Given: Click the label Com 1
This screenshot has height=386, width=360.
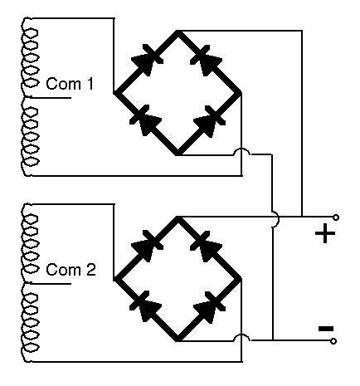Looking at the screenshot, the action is (70, 84).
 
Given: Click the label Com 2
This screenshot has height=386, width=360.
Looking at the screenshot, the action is (71, 270).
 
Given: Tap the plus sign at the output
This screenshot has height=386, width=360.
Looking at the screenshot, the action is (325, 233).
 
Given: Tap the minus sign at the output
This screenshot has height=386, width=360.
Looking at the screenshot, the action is (326, 329).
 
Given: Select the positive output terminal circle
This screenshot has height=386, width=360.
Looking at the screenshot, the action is (336, 217).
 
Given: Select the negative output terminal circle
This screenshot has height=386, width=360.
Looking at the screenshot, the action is (333, 341).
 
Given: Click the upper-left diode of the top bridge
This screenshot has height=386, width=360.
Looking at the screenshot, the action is (147, 60).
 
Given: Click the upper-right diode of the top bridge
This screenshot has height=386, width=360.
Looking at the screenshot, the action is (206, 61).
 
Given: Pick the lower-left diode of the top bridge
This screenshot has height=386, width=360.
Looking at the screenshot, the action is (146, 120).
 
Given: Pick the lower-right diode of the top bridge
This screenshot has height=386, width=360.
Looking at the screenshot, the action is (209, 121).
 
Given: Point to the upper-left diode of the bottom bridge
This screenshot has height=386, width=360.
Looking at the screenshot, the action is (147, 246).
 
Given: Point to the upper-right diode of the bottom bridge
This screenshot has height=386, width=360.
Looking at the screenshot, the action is (206, 247).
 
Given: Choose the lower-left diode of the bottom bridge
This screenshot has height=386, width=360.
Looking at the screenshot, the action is (146, 306).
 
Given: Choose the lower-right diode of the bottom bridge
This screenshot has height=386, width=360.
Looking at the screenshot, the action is (209, 307).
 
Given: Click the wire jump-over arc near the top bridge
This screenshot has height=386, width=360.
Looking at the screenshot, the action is (242, 149).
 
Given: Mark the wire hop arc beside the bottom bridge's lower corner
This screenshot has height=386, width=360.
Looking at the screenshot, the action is (242, 335).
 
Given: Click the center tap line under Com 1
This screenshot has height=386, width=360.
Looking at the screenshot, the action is (51, 97).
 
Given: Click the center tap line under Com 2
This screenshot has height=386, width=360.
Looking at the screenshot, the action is (51, 283).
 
